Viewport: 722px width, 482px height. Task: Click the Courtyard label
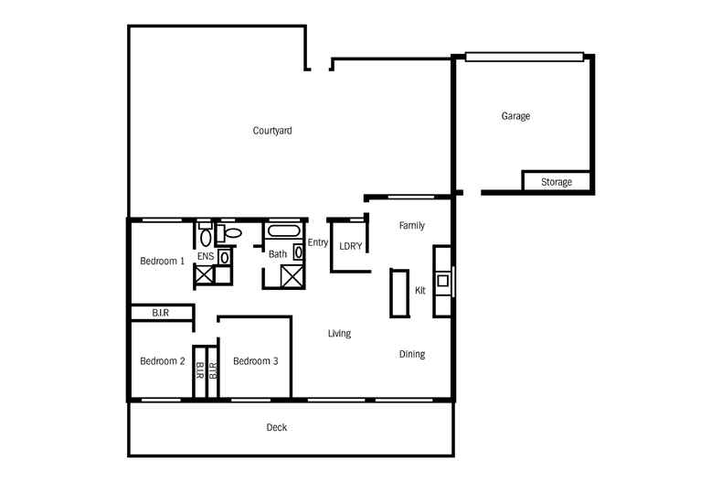pyautogui.click(x=272, y=131)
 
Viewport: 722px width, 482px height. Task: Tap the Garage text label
pyautogui.click(x=515, y=116)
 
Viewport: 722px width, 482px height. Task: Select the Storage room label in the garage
pyautogui.click(x=557, y=182)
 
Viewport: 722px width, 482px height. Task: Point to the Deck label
pyautogui.click(x=277, y=427)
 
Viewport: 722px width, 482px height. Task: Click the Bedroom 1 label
pyautogui.click(x=162, y=261)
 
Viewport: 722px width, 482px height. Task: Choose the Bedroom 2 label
pyautogui.click(x=162, y=361)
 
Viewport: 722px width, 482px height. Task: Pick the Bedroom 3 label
pyautogui.click(x=255, y=361)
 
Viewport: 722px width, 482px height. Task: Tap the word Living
pyautogui.click(x=339, y=334)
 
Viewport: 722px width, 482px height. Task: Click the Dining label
pyautogui.click(x=412, y=354)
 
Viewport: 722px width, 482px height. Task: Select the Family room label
pyautogui.click(x=411, y=225)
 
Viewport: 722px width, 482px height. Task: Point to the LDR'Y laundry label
pyautogui.click(x=351, y=246)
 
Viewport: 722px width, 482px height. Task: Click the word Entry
pyautogui.click(x=318, y=242)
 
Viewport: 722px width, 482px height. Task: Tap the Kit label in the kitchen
pyautogui.click(x=420, y=290)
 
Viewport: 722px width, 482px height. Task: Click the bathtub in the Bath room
pyautogui.click(x=282, y=232)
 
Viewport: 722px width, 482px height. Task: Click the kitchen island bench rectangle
pyautogui.click(x=399, y=293)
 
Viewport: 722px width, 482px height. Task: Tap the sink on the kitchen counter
pyautogui.click(x=442, y=281)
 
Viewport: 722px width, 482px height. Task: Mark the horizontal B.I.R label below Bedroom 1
pyautogui.click(x=161, y=314)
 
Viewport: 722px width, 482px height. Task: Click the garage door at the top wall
pyautogui.click(x=523, y=57)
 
